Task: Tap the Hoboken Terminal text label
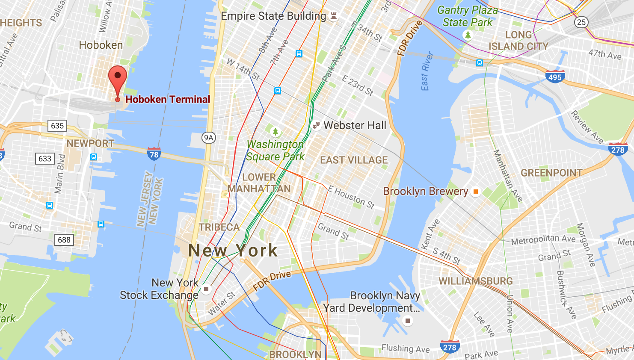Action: (167, 100)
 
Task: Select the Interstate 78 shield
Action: (154, 154)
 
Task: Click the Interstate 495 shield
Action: (555, 77)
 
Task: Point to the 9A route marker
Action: (208, 138)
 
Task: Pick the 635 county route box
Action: (57, 126)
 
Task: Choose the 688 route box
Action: (64, 240)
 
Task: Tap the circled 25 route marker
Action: (581, 22)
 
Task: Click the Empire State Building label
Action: (273, 16)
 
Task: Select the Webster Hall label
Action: (355, 125)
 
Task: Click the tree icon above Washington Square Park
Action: (276, 131)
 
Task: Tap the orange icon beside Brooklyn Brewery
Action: (475, 192)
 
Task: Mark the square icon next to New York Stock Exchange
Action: (206, 289)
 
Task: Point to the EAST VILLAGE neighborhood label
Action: (354, 160)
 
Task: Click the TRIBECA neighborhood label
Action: (219, 227)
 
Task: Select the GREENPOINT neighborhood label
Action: (551, 173)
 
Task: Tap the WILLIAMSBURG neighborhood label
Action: (476, 281)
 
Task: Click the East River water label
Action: (427, 71)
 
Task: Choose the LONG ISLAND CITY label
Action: (518, 41)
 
